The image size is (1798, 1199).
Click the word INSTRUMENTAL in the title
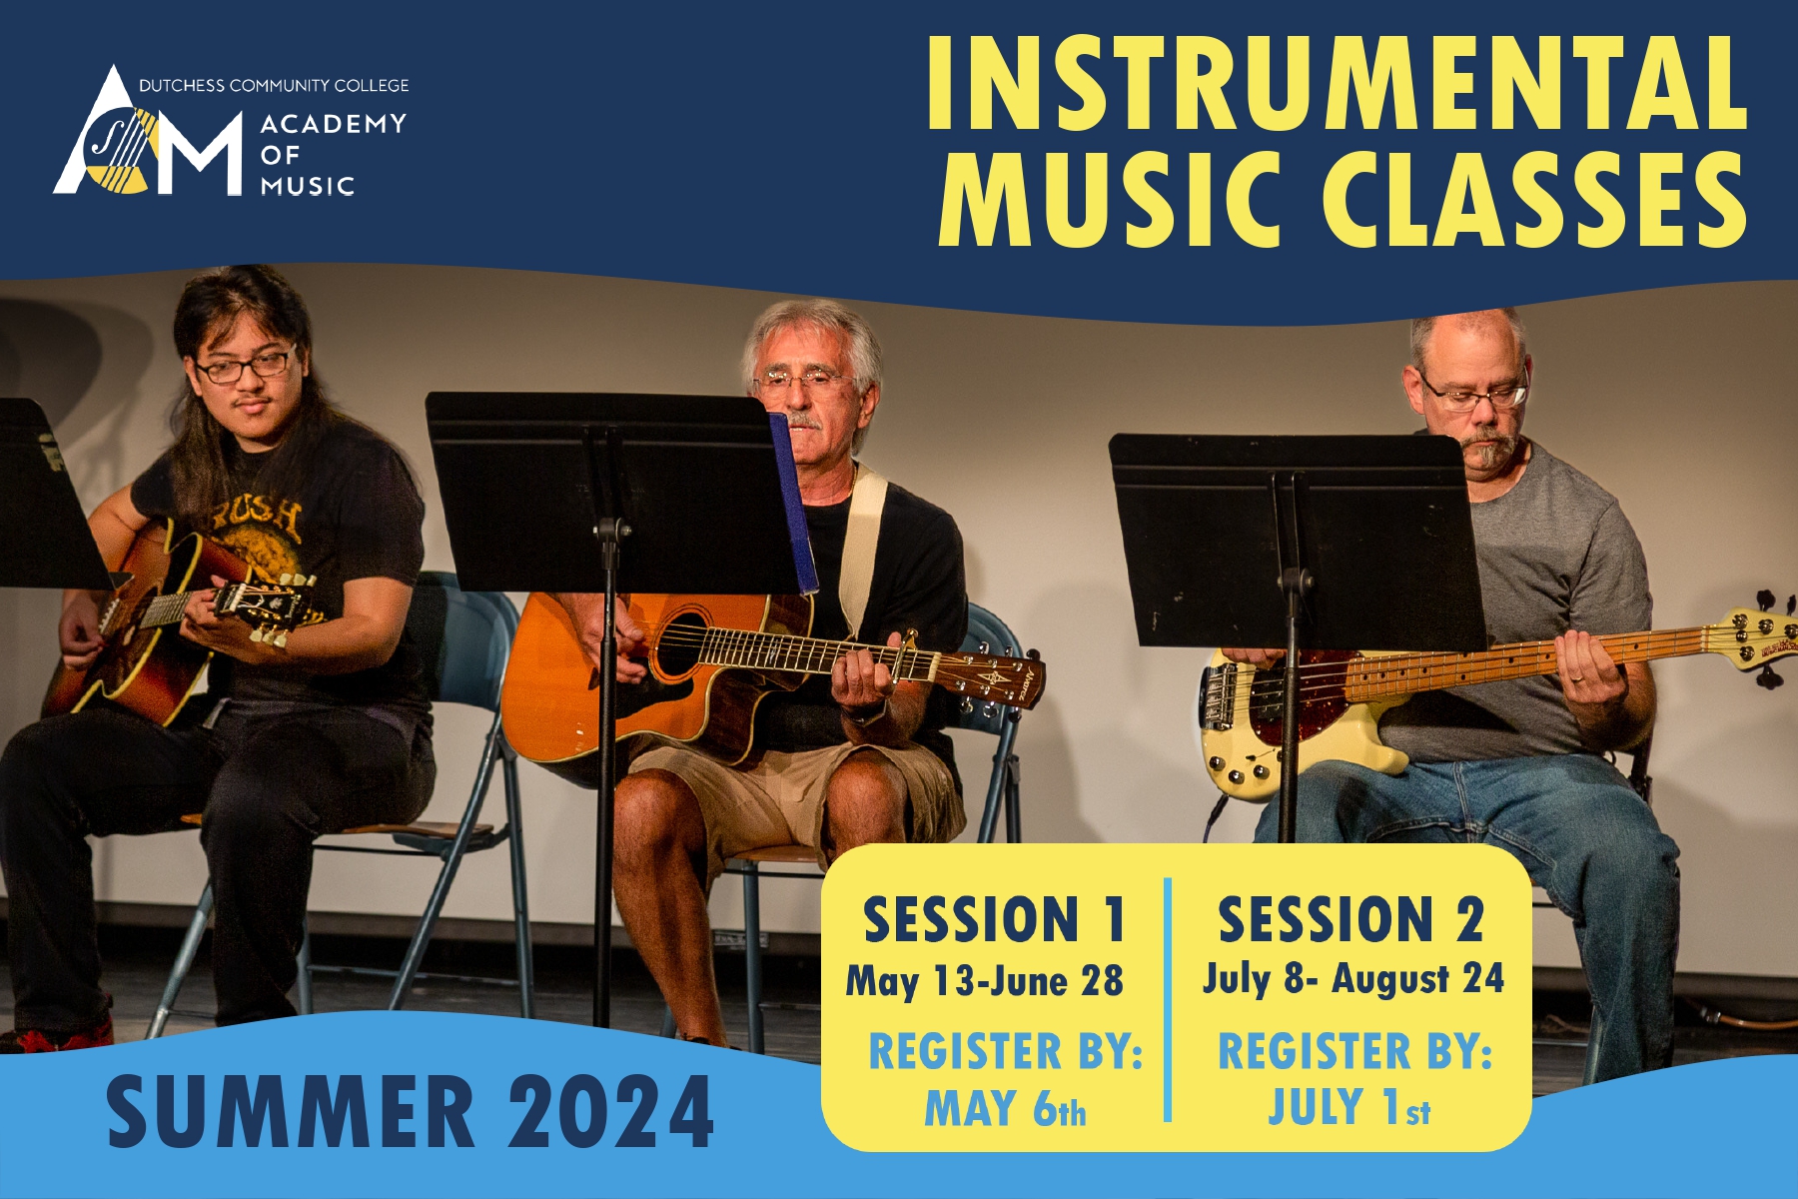(1338, 83)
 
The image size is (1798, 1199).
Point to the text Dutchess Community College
(274, 86)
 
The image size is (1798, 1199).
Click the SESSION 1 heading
(995, 919)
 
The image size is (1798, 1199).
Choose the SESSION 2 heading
(1350, 919)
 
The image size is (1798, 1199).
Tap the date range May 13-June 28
(985, 981)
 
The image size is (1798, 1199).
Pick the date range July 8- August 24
(1353, 979)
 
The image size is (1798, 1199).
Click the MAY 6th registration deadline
(1005, 1108)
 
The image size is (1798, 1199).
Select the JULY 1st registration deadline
(1349, 1107)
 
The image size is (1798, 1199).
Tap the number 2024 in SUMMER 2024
(611, 1111)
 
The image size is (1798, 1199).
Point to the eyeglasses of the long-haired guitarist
(246, 366)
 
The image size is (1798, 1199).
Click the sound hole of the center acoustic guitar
(680, 645)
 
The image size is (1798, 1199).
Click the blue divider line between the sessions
(1168, 999)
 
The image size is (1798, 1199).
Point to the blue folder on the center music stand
(794, 504)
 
